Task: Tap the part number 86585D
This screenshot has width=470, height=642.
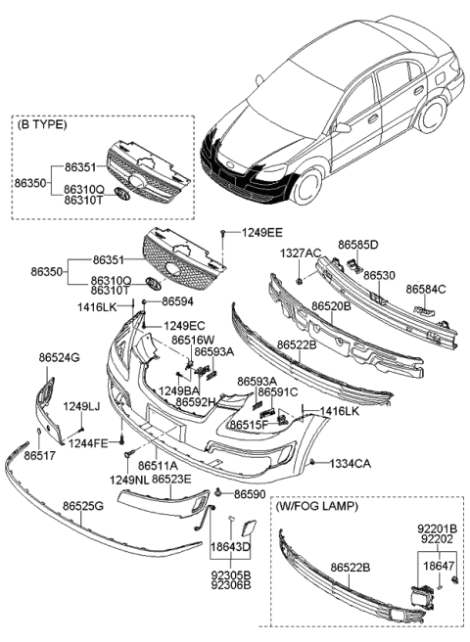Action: tap(357, 244)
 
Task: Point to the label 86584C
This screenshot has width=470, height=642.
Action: tap(426, 289)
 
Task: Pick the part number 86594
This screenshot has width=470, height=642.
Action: tap(178, 301)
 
